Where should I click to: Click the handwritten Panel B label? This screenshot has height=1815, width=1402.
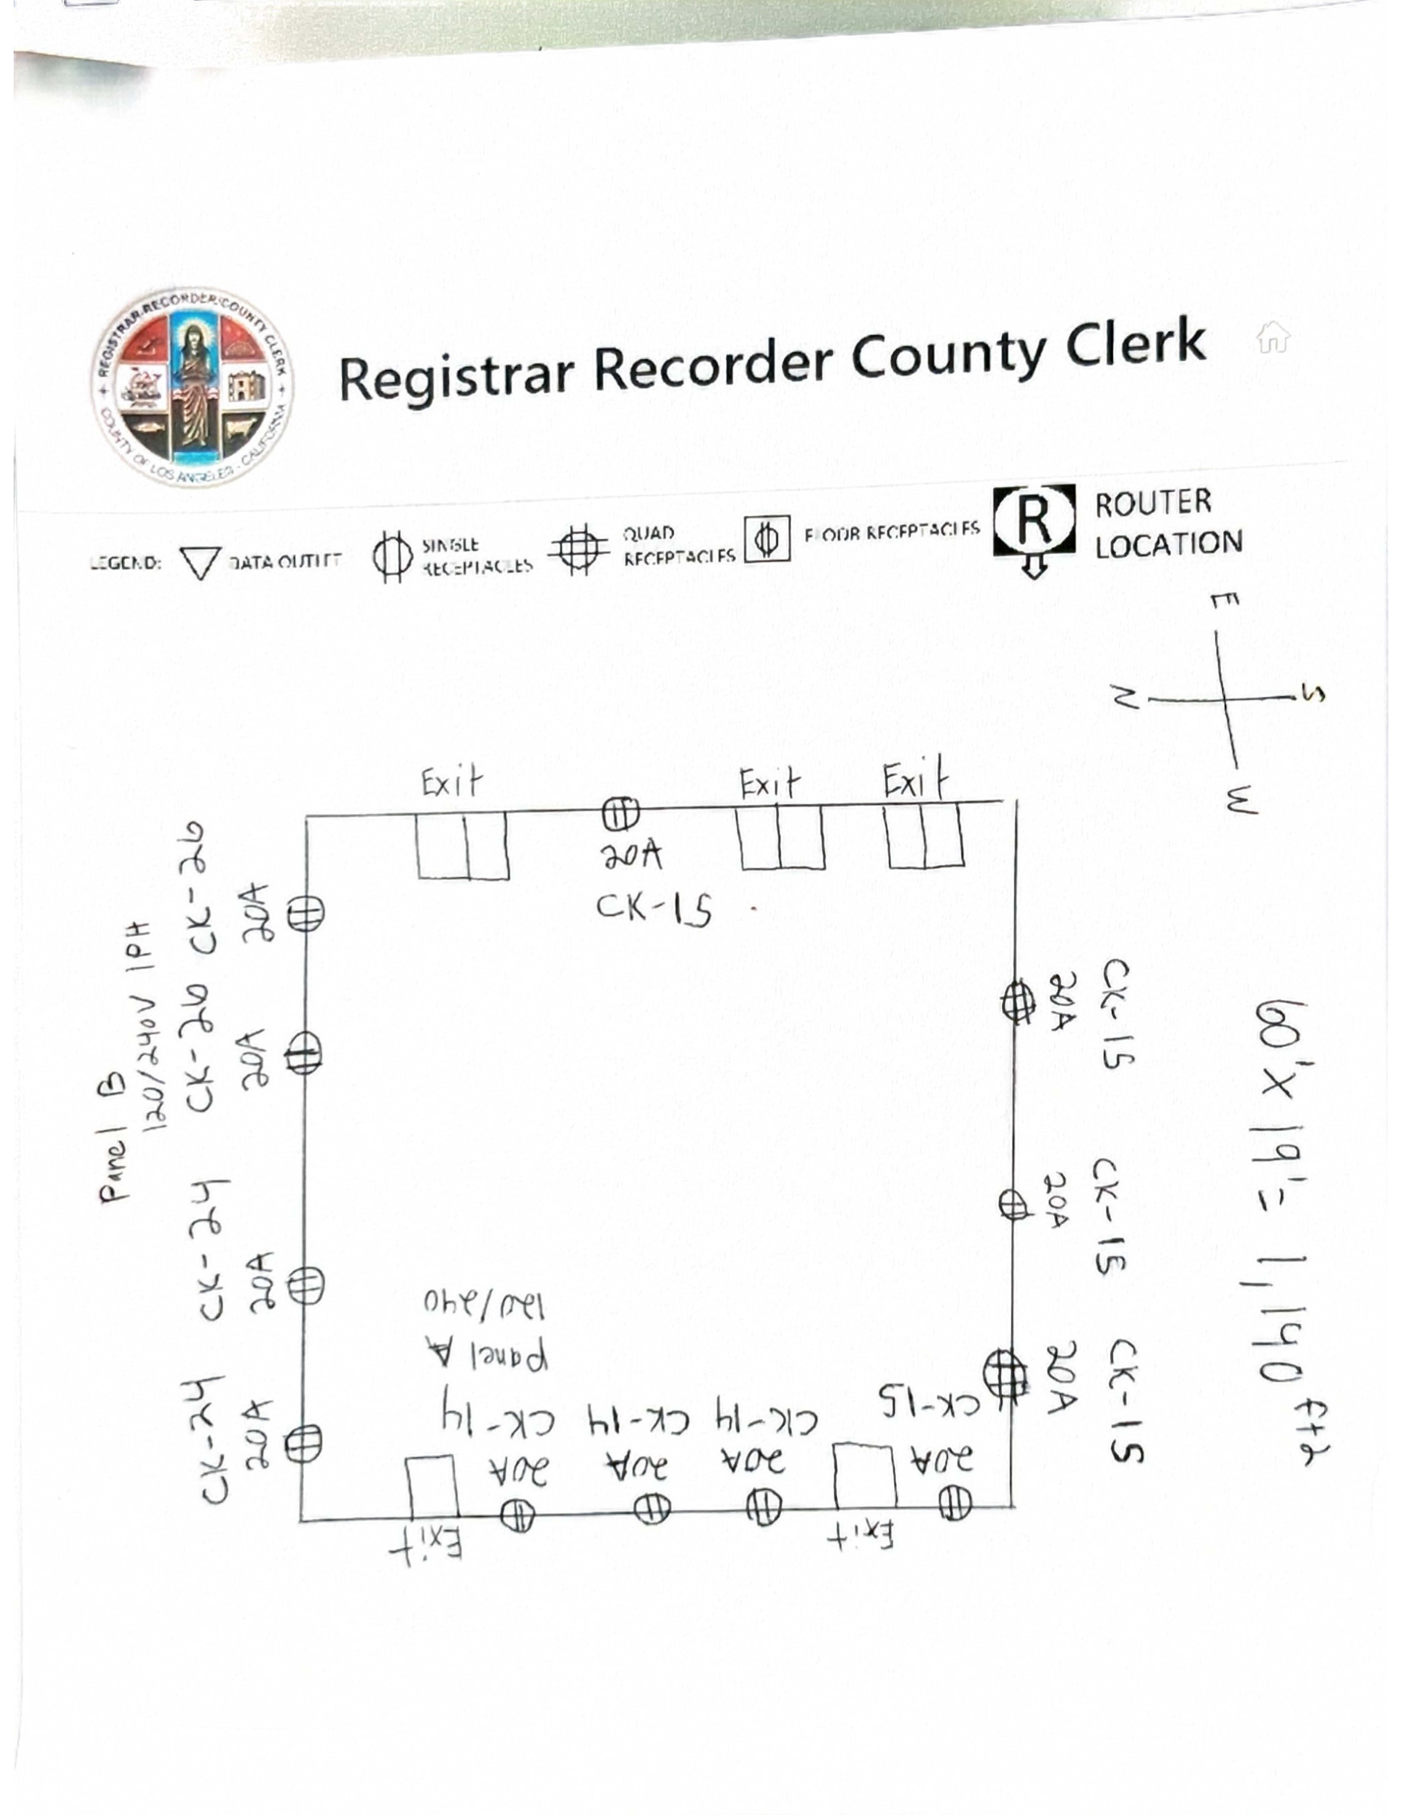pos(114,1139)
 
